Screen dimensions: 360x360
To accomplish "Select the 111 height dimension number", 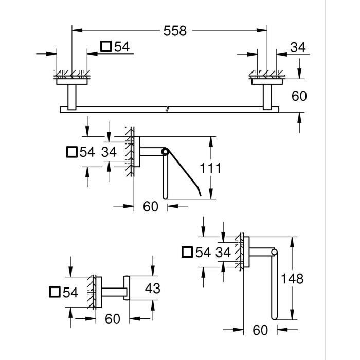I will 210,168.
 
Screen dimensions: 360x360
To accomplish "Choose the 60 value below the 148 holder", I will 261,330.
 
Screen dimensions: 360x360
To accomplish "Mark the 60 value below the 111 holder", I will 150,207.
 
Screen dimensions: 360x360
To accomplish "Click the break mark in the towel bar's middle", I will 167,109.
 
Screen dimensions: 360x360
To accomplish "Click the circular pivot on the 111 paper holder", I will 165,152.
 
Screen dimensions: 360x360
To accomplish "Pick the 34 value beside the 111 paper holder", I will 109,152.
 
